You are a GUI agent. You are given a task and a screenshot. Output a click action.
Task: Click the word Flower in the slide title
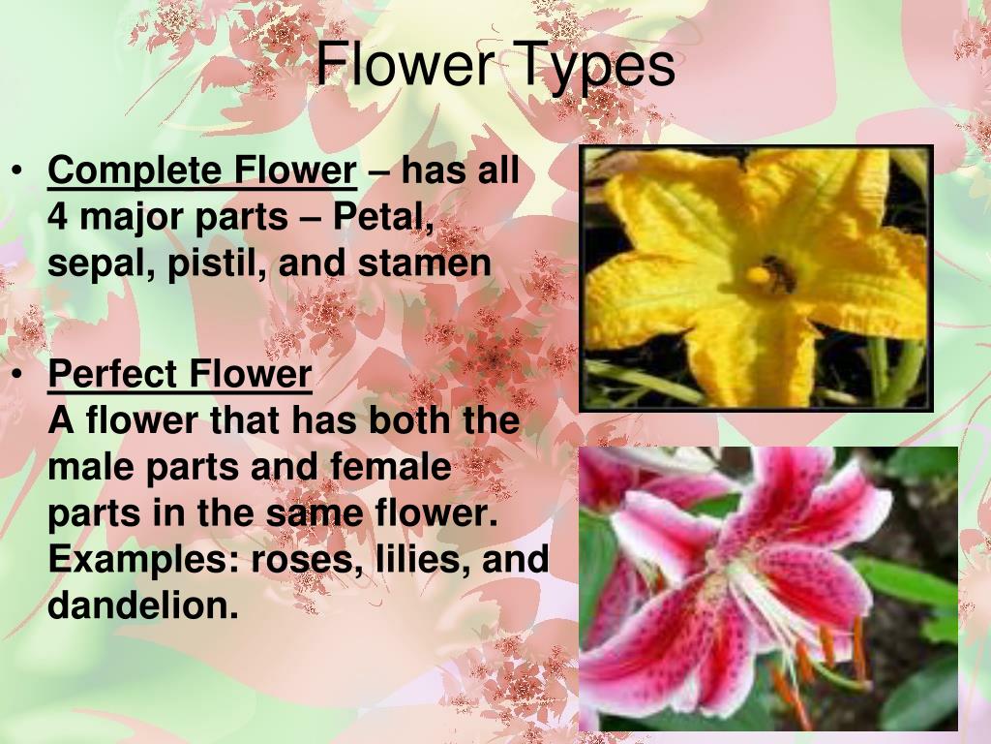(x=405, y=66)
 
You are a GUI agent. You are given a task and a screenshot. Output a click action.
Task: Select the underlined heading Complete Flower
(x=202, y=171)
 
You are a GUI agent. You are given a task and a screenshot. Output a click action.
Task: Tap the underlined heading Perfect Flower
(x=180, y=374)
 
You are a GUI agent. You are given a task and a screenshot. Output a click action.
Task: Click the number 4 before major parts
(x=58, y=218)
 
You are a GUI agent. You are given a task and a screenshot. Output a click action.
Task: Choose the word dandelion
(x=141, y=606)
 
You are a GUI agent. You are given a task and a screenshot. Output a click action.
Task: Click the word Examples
(x=144, y=560)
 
